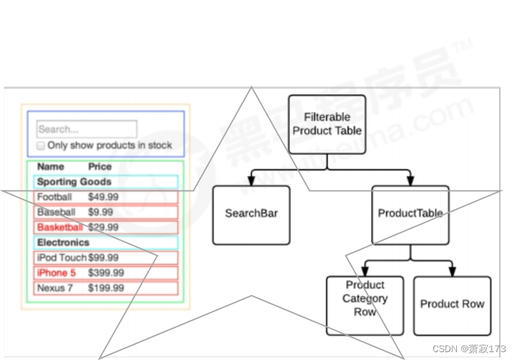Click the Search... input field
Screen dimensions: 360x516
tap(87, 129)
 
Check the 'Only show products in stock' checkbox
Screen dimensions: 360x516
tap(41, 145)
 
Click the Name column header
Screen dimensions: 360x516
tap(51, 167)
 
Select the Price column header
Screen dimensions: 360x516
tap(100, 167)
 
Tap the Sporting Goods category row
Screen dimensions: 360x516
tap(74, 182)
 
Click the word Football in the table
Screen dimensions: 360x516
tap(54, 197)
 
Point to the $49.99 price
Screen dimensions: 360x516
tap(103, 197)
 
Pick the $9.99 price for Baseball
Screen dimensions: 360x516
tap(100, 212)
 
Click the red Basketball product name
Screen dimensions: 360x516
tap(60, 227)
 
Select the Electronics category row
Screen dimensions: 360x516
tap(63, 242)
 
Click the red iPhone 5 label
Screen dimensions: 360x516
tap(56, 273)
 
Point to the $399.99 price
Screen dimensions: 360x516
tap(106, 273)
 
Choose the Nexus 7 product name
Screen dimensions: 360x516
tap(54, 288)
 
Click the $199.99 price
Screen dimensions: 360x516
tap(106, 288)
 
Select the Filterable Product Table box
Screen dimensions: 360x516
tap(327, 124)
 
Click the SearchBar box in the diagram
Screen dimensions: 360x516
tap(251, 214)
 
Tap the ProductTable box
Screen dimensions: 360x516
tap(410, 214)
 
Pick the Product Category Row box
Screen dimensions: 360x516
tap(365, 305)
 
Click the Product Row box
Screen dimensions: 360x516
tap(452, 305)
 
